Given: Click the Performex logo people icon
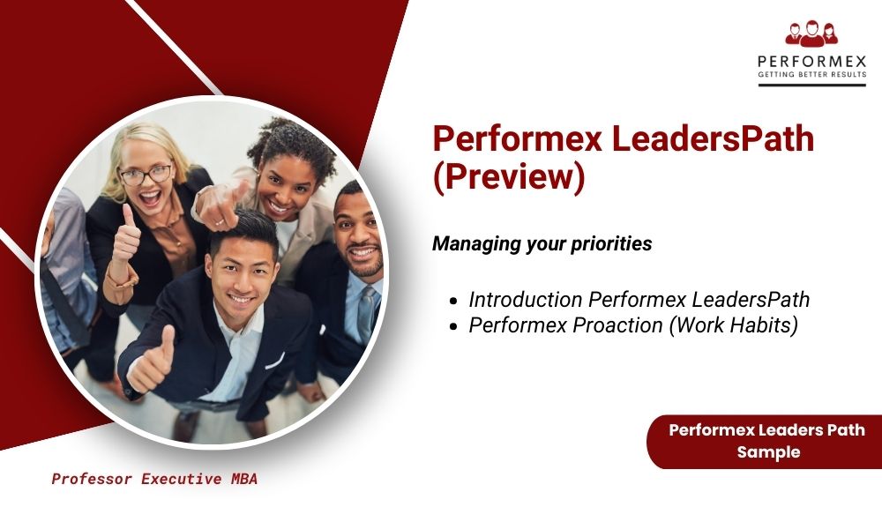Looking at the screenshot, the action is click(811, 34).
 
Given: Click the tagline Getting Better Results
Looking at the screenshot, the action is click(812, 74).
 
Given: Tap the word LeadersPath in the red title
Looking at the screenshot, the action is click(713, 138).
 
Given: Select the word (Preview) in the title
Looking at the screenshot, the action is click(509, 176).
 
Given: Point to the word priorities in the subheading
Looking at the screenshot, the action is click(611, 244).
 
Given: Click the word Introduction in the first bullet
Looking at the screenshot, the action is click(526, 300).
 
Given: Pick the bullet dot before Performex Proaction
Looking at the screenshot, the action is click(454, 327).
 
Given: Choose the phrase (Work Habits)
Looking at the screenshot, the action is click(734, 325).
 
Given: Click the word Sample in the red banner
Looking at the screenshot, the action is click(768, 452).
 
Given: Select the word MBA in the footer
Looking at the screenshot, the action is click(243, 479).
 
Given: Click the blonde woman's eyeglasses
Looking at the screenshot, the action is click(146, 175).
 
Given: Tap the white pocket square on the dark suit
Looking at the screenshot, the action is click(274, 361).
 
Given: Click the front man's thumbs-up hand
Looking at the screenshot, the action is click(151, 362).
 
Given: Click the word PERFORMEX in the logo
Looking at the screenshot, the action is click(812, 61).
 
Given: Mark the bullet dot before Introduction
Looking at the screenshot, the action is click(454, 302).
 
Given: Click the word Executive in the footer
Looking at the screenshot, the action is click(181, 479).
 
